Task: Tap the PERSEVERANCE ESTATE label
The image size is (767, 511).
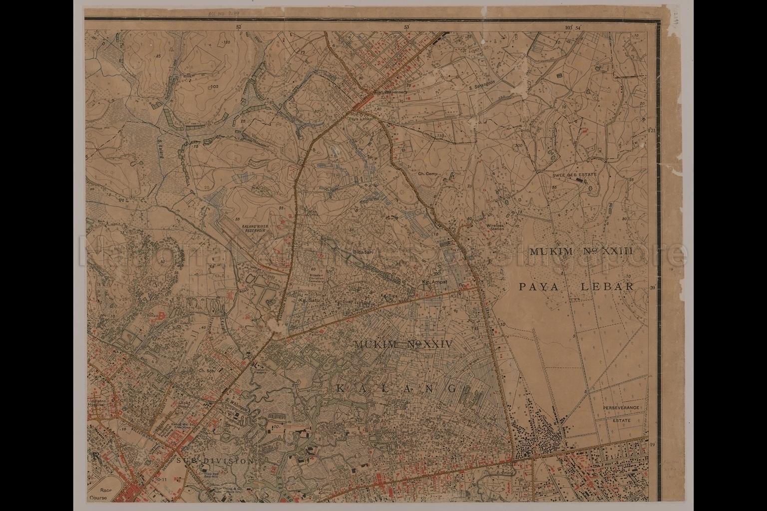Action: pos(621,414)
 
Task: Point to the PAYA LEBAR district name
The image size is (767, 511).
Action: pos(576,286)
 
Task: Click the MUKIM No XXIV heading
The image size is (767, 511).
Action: pos(402,344)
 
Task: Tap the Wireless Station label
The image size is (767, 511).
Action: pos(495,227)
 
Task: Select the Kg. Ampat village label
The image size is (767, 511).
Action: pos(433,281)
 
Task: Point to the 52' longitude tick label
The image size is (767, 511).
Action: pos(238,27)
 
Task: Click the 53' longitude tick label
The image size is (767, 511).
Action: pos(406,27)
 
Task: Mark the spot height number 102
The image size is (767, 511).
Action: pos(215,87)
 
